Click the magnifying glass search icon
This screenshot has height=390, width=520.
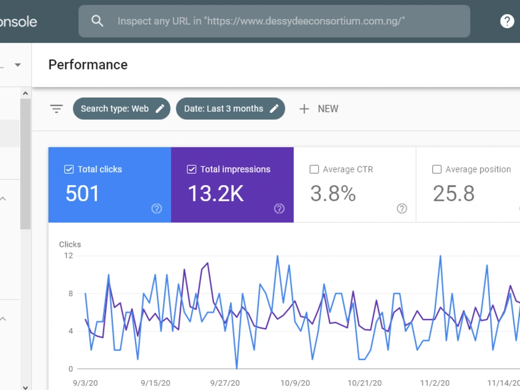pyautogui.click(x=97, y=21)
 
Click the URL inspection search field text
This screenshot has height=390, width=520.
pyautogui.click(x=261, y=21)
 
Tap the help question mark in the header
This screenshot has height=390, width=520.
pyautogui.click(x=506, y=21)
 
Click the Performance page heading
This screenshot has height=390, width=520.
pyautogui.click(x=88, y=64)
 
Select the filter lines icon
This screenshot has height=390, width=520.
pyautogui.click(x=56, y=109)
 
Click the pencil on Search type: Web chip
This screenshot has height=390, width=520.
pyautogui.click(x=160, y=109)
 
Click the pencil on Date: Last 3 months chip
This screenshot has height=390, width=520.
pyautogui.click(x=274, y=109)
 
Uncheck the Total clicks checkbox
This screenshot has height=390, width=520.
pyautogui.click(x=69, y=170)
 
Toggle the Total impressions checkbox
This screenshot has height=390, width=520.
pyautogui.click(x=192, y=170)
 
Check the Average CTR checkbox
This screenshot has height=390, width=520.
pyautogui.click(x=314, y=170)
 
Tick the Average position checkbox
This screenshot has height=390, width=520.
pyautogui.click(x=437, y=170)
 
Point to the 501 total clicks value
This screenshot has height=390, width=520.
pyautogui.click(x=82, y=193)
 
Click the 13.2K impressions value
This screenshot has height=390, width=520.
pyautogui.click(x=216, y=193)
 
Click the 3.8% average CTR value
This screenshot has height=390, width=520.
pyautogui.click(x=333, y=193)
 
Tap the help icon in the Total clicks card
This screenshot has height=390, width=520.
pyautogui.click(x=157, y=209)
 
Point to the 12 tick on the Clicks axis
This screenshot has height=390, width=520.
pyautogui.click(x=68, y=256)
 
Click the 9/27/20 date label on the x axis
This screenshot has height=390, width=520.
pyautogui.click(x=225, y=383)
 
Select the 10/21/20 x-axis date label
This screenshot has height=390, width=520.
pyautogui.click(x=365, y=383)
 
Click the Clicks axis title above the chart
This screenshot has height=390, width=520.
pyautogui.click(x=70, y=244)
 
